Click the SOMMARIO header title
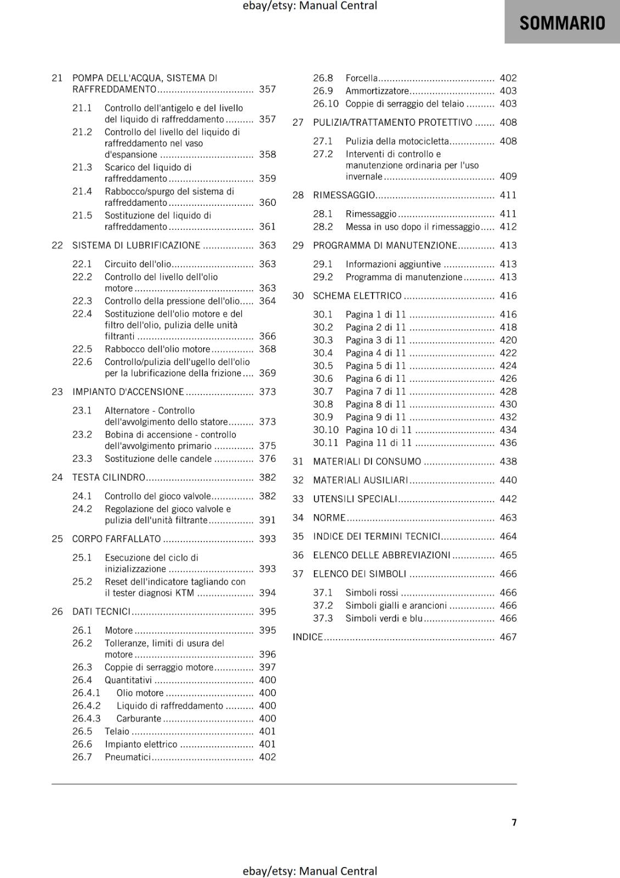[562, 23]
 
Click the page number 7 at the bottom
[514, 822]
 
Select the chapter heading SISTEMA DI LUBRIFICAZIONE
[136, 245]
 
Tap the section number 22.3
[82, 301]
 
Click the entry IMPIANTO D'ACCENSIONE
[128, 392]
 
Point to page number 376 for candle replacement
[267, 459]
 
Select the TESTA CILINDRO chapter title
[109, 477]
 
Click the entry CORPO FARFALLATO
[116, 539]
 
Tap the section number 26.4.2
[87, 706]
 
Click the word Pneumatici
[127, 757]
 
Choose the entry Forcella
[362, 78]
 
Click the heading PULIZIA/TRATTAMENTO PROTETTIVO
[392, 122]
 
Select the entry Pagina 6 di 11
[376, 379]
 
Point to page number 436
[508, 443]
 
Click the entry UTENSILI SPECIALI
[355, 499]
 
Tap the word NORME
[329, 517]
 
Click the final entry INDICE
[307, 637]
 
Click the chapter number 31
[298, 461]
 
